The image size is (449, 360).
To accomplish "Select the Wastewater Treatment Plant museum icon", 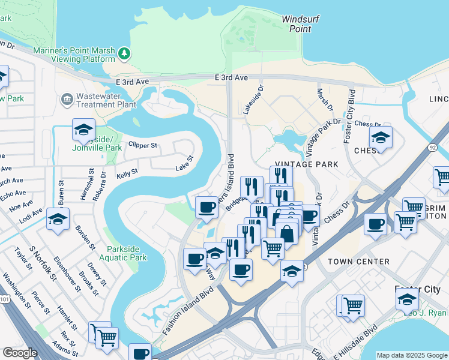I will [x=66, y=98].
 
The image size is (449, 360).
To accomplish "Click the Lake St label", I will [x=184, y=163].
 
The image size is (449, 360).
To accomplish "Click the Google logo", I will [x=20, y=353].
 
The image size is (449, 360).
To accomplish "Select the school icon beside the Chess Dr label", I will [x=380, y=137].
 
